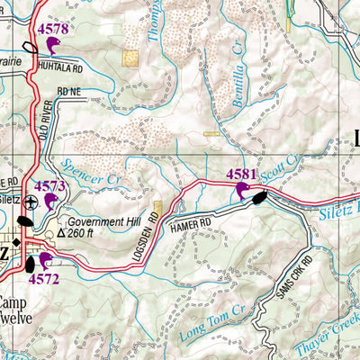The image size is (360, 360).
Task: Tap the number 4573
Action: (x=50, y=185)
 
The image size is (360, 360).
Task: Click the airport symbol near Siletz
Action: (x=31, y=202)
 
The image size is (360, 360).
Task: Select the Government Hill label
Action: (x=103, y=221)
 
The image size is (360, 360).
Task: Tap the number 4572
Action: (x=43, y=279)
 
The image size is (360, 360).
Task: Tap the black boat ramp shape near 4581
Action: (x=258, y=197)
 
